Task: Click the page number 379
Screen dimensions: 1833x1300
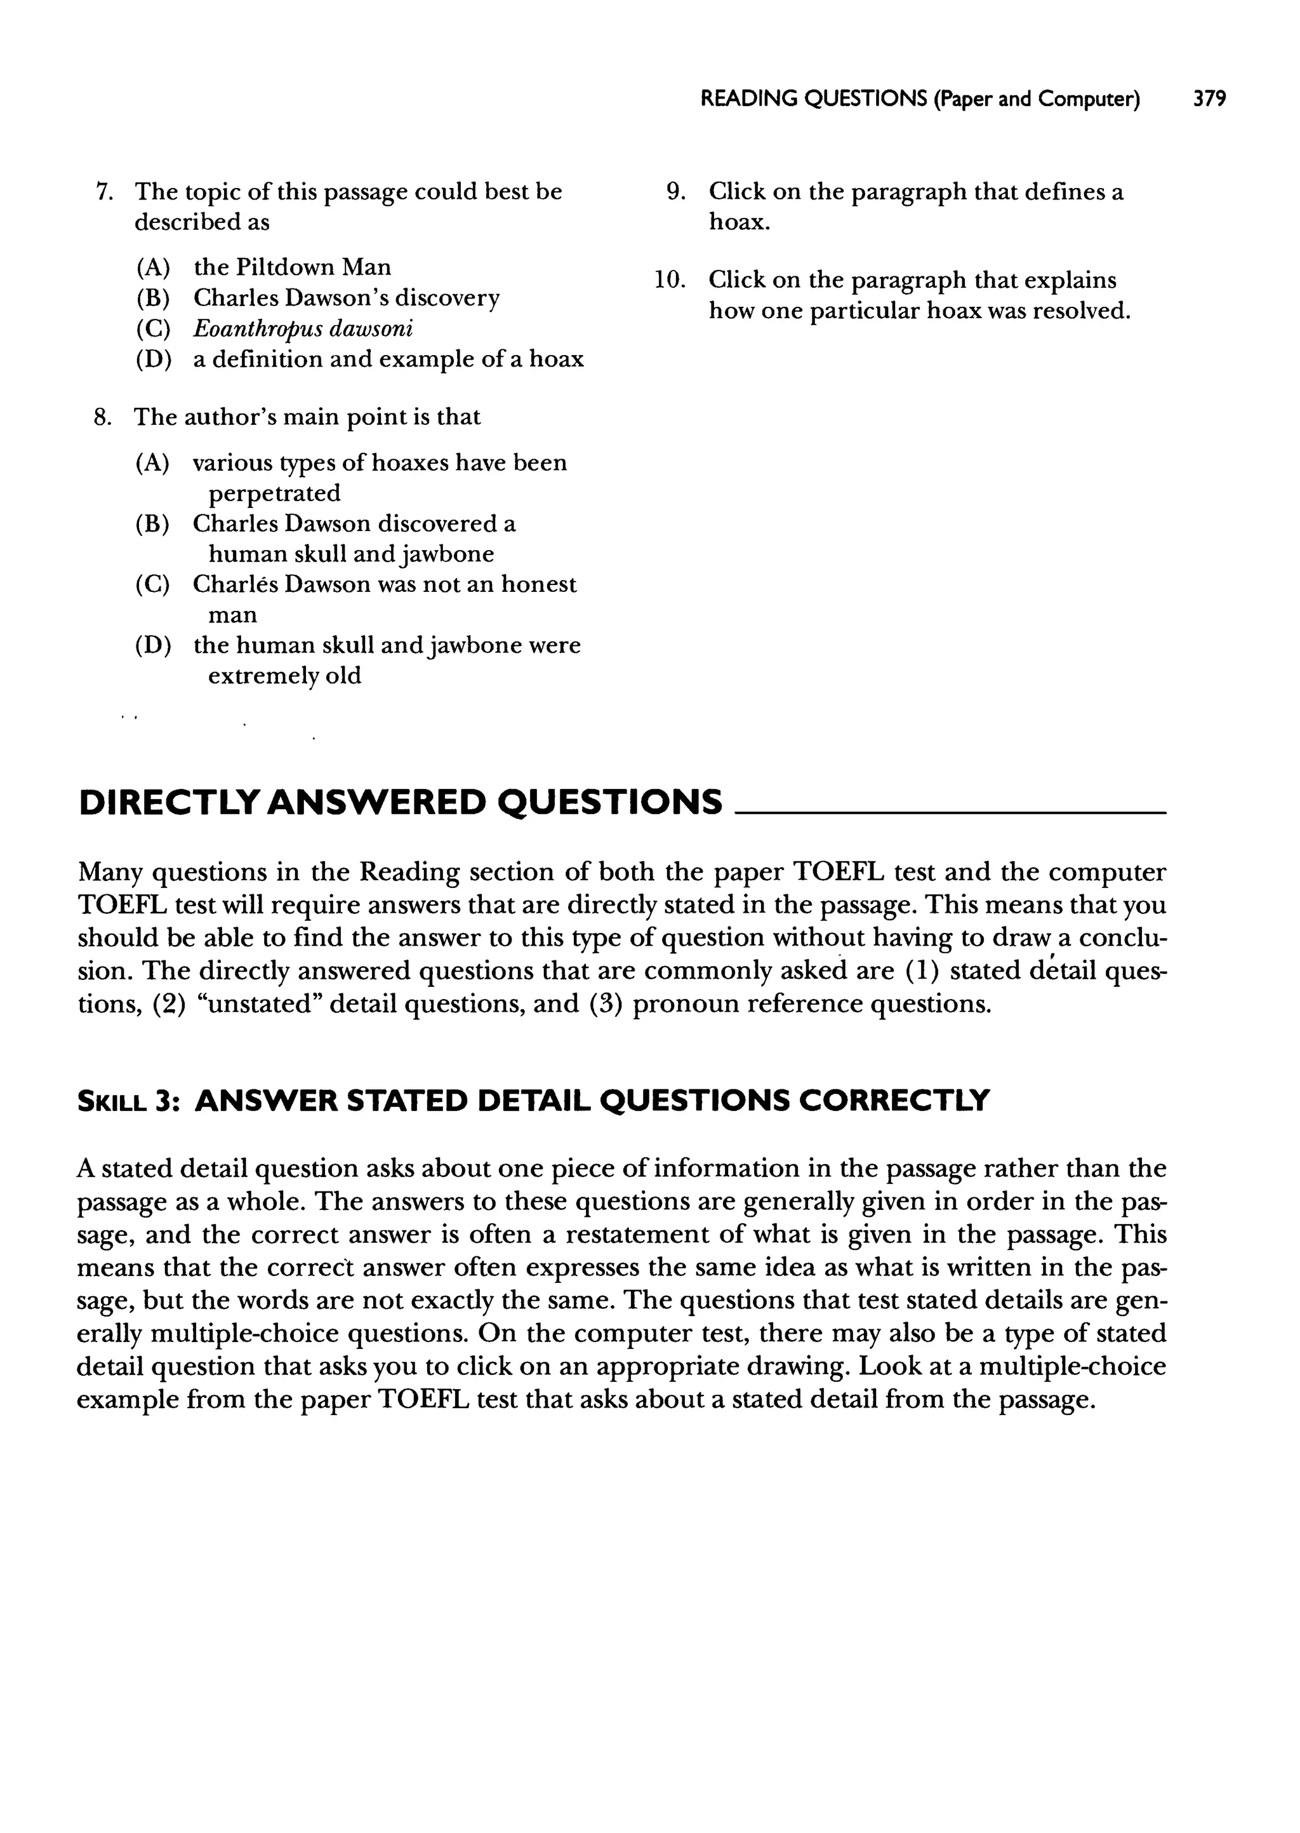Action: point(1209,98)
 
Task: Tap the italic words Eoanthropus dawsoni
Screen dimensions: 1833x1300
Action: point(303,328)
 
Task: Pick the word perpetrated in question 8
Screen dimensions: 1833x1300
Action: point(274,492)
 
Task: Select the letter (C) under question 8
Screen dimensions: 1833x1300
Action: point(153,584)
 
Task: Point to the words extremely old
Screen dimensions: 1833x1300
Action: point(284,675)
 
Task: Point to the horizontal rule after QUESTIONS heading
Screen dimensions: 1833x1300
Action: point(950,812)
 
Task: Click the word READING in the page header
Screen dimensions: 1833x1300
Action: point(748,98)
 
